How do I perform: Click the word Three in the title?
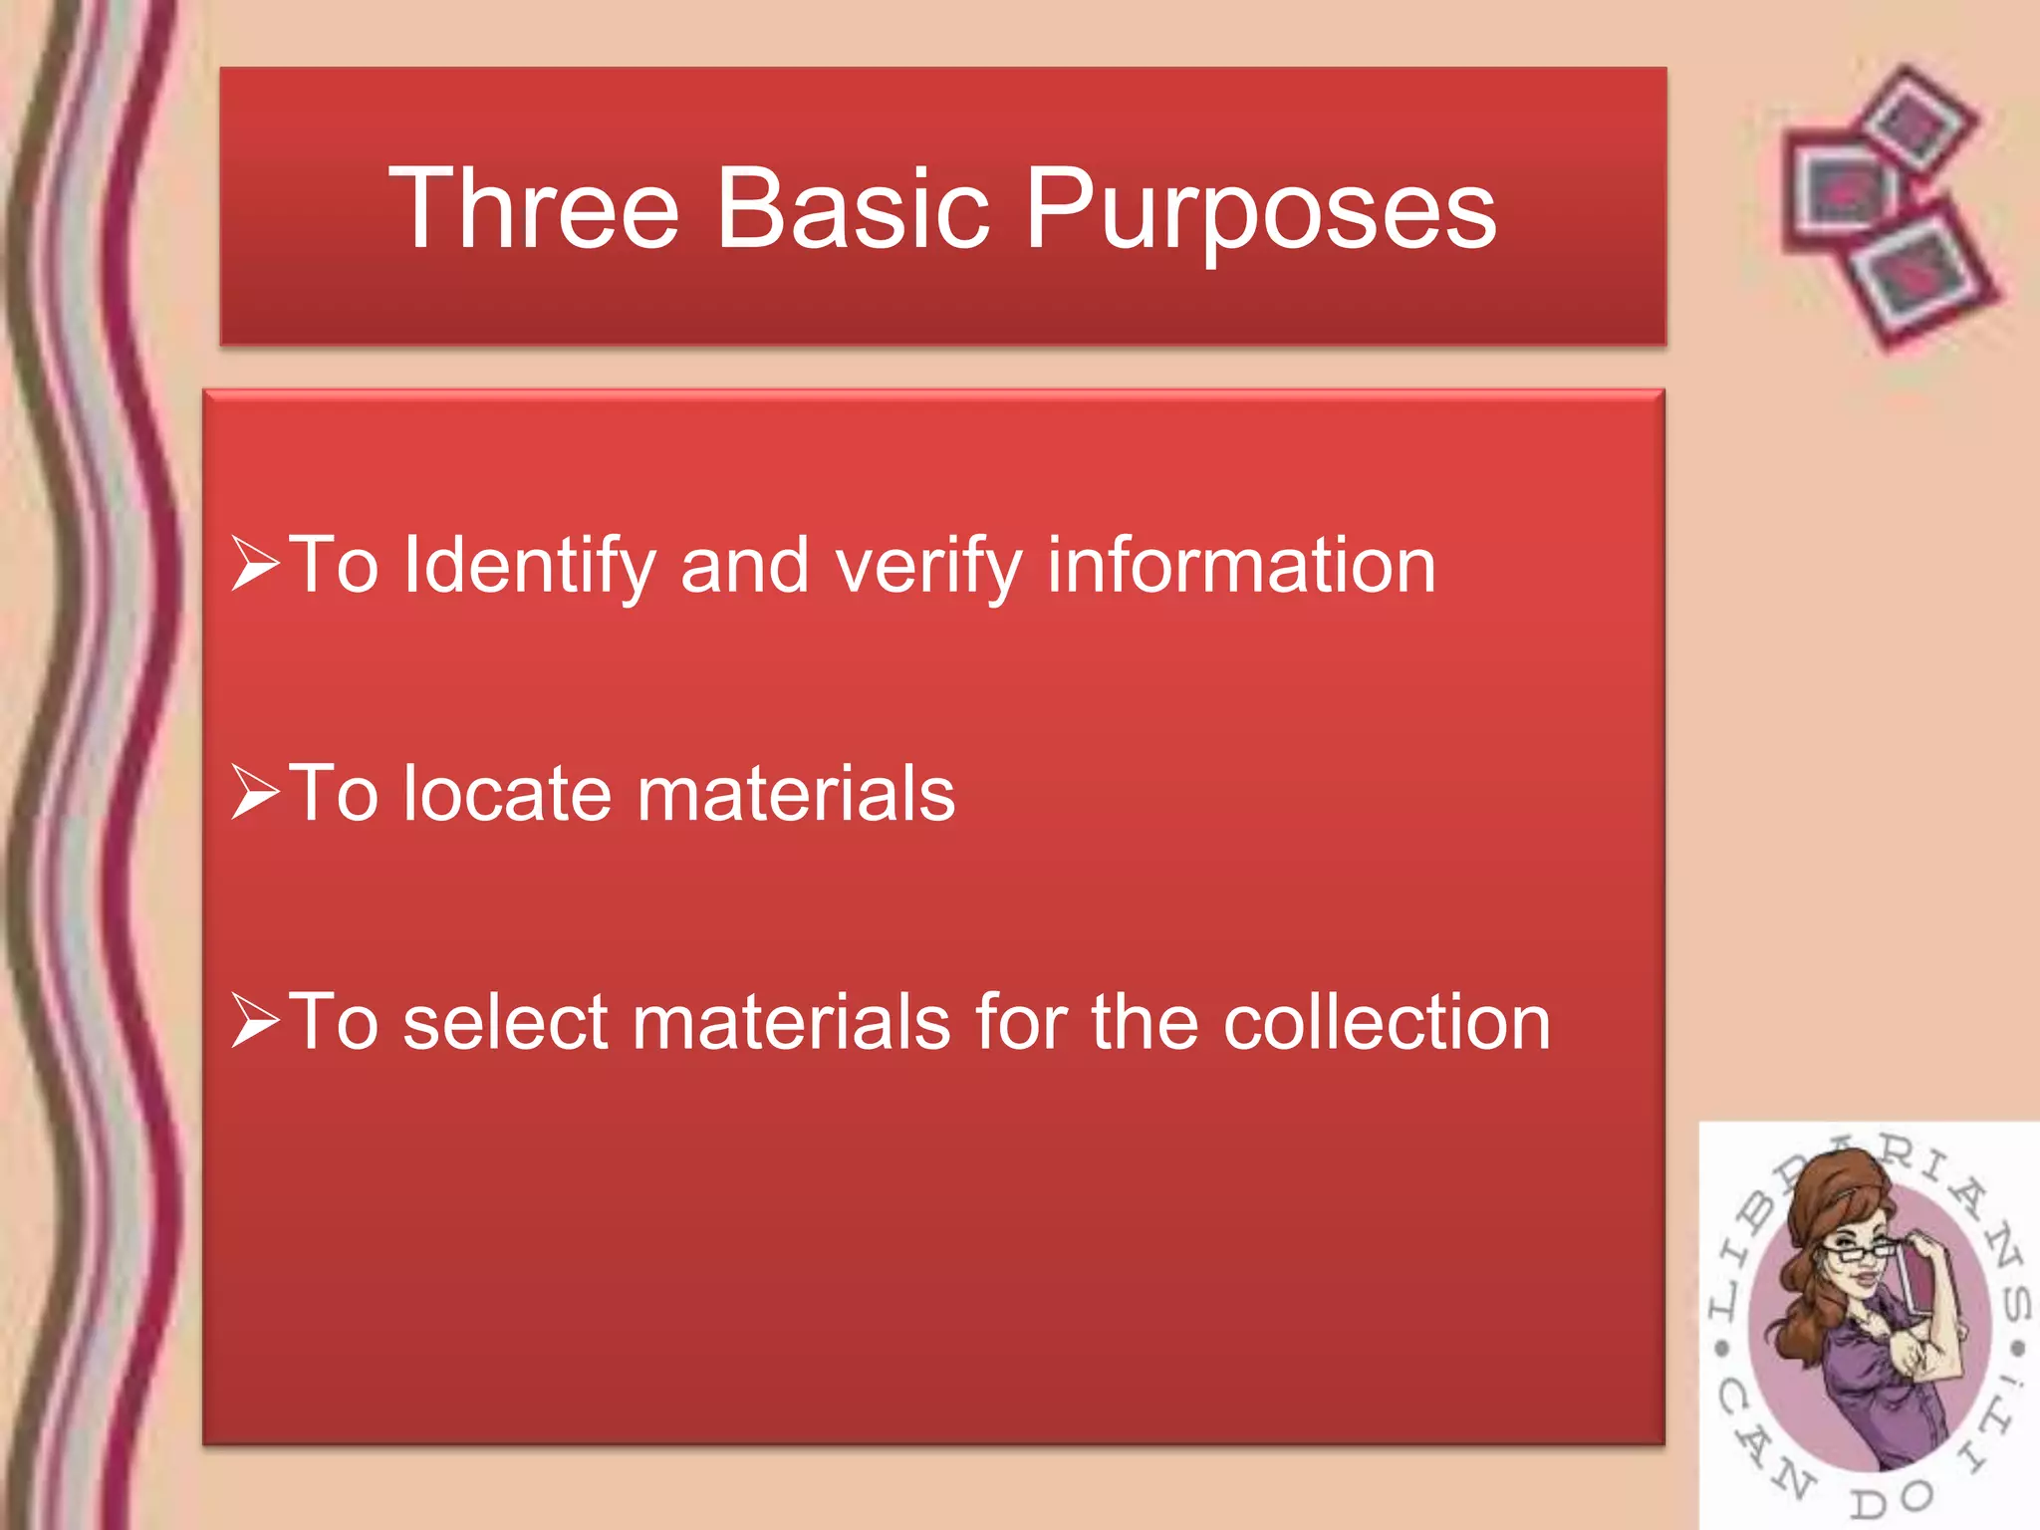(x=533, y=209)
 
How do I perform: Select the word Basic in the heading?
(x=853, y=209)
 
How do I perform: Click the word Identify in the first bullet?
(x=529, y=567)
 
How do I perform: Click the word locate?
(x=507, y=794)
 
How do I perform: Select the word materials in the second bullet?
(x=796, y=794)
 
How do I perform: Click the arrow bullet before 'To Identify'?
(x=254, y=564)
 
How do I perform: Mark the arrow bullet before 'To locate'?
(x=254, y=792)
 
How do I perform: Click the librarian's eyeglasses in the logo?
(x=1859, y=1251)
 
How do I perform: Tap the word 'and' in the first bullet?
(x=744, y=565)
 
